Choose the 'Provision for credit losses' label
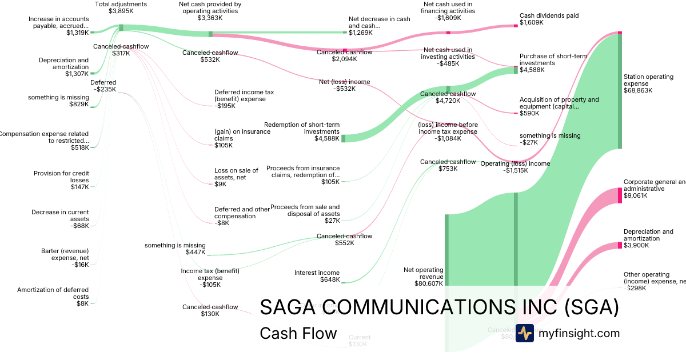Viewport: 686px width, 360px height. point(61,177)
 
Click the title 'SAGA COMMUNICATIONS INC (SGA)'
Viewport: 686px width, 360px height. point(439,307)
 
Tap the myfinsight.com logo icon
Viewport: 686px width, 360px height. point(524,333)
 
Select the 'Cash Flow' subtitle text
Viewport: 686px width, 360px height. point(298,333)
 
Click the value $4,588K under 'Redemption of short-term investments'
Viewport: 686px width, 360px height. point(327,138)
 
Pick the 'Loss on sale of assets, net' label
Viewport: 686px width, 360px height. point(236,174)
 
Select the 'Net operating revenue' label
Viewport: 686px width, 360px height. point(423,273)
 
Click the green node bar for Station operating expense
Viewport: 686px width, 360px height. point(620,91)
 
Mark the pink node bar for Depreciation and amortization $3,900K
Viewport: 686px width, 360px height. point(620,245)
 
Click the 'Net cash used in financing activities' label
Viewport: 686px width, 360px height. point(448,7)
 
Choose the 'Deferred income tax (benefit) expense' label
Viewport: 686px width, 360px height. point(240,95)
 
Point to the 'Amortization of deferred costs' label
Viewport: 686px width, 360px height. point(53,293)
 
